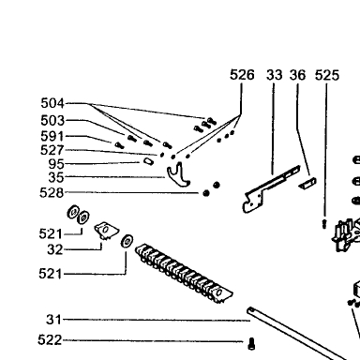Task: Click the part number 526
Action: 242,75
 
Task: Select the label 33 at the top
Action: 275,75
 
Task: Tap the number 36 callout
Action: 297,75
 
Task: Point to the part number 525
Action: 327,76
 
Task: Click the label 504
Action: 52,103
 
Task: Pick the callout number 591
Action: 52,136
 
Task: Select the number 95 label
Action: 56,164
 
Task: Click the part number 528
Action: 52,192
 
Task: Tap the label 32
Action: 55,249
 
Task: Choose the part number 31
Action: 53,320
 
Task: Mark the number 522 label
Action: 50,339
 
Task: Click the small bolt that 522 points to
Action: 251,344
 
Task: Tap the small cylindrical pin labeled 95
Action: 148,161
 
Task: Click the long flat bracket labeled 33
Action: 269,189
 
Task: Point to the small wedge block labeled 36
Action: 307,183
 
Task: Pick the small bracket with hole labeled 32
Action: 106,231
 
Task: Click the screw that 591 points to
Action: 119,145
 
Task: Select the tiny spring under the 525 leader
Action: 324,223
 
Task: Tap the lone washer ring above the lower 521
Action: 127,241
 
